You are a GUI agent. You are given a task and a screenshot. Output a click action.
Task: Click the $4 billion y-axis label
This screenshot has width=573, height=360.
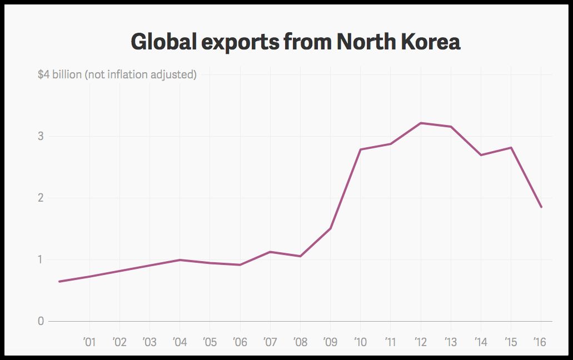[x=59, y=74]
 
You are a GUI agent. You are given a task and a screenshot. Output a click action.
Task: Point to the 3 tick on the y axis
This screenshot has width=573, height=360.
[x=41, y=136]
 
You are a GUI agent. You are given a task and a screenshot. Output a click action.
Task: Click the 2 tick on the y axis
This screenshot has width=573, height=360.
[x=41, y=198]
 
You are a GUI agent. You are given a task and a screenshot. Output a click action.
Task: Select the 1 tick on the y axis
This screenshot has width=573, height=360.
[x=41, y=259]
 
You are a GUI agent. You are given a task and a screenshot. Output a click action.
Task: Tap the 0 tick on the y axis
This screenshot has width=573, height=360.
[x=41, y=321]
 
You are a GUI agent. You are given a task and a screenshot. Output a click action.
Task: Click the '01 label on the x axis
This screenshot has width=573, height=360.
[x=89, y=342]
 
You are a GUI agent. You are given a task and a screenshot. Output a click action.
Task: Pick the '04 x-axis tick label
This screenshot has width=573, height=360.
[x=179, y=342]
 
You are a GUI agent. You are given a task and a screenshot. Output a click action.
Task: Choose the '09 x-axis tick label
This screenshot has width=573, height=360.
[x=330, y=342]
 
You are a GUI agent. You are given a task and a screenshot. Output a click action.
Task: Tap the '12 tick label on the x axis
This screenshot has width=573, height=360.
[x=420, y=342]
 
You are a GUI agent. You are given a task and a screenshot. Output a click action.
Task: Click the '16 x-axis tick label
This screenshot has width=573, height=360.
[x=540, y=342]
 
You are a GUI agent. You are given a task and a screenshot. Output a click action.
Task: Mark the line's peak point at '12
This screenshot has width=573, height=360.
[x=421, y=123]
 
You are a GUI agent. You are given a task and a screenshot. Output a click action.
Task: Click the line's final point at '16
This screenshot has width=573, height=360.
[x=541, y=207]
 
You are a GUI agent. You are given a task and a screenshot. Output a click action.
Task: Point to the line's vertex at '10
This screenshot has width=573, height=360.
[x=361, y=149]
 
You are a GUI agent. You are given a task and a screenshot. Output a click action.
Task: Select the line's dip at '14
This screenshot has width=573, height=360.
[x=481, y=155]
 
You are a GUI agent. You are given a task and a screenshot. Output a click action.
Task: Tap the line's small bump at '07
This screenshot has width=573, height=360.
[x=270, y=252]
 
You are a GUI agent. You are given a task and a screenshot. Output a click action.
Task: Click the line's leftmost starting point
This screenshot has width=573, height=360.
[x=59, y=282]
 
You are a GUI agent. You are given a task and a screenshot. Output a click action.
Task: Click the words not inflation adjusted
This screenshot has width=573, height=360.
[x=141, y=74]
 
